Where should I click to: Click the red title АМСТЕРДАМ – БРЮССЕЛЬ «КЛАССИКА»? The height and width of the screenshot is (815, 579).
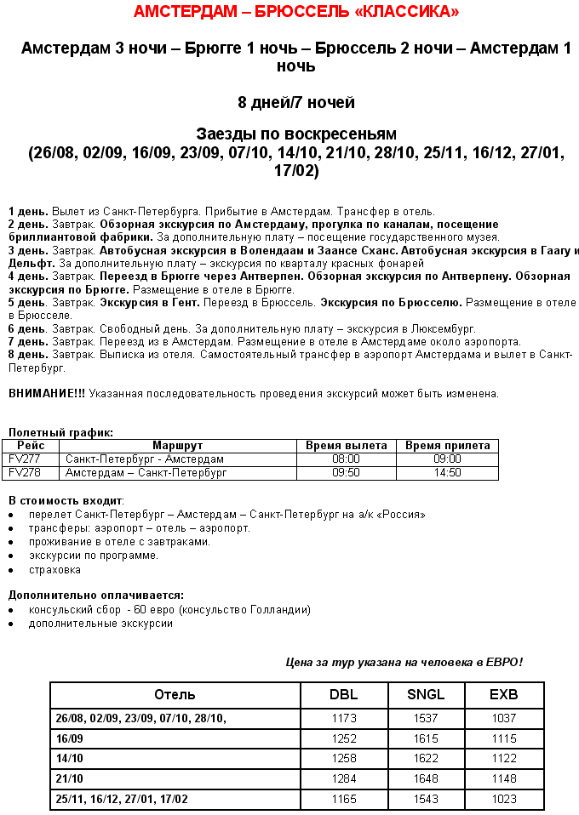click(296, 12)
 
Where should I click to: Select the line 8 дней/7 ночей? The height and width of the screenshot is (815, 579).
click(296, 103)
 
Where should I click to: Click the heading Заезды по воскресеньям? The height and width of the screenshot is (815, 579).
click(296, 134)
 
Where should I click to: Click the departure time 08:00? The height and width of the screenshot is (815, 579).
click(346, 459)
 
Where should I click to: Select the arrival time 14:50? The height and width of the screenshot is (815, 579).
click(447, 472)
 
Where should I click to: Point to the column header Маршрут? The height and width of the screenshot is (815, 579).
click(177, 446)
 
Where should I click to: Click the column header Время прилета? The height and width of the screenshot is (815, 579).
click(447, 446)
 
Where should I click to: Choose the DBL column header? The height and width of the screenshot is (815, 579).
click(343, 695)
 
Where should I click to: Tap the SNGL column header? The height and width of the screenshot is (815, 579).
click(426, 695)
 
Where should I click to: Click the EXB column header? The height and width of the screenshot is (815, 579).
click(504, 695)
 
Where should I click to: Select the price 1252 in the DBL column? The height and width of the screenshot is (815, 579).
click(343, 738)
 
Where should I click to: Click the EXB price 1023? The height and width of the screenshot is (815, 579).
click(504, 799)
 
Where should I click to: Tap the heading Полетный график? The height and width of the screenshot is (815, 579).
click(60, 433)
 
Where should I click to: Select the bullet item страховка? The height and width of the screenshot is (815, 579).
click(54, 569)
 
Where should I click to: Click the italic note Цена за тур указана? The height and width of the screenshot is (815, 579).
click(404, 662)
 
